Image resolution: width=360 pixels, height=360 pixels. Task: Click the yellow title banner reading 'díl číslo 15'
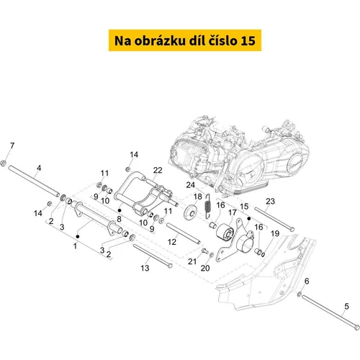pos(185,40)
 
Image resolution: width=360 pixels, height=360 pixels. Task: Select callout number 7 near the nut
pos(12,145)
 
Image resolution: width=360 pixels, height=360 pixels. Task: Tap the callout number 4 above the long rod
pos(39,168)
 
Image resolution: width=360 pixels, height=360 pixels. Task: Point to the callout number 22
pos(158,170)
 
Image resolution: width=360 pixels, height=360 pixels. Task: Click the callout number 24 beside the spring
pos(191,185)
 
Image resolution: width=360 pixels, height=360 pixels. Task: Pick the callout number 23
pos(270,201)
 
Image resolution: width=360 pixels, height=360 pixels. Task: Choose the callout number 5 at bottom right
pos(346,306)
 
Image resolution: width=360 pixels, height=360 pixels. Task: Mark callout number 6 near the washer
pos(307,281)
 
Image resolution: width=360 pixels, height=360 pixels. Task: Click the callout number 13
pos(145,268)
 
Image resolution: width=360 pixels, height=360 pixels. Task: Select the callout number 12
pos(172,242)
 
